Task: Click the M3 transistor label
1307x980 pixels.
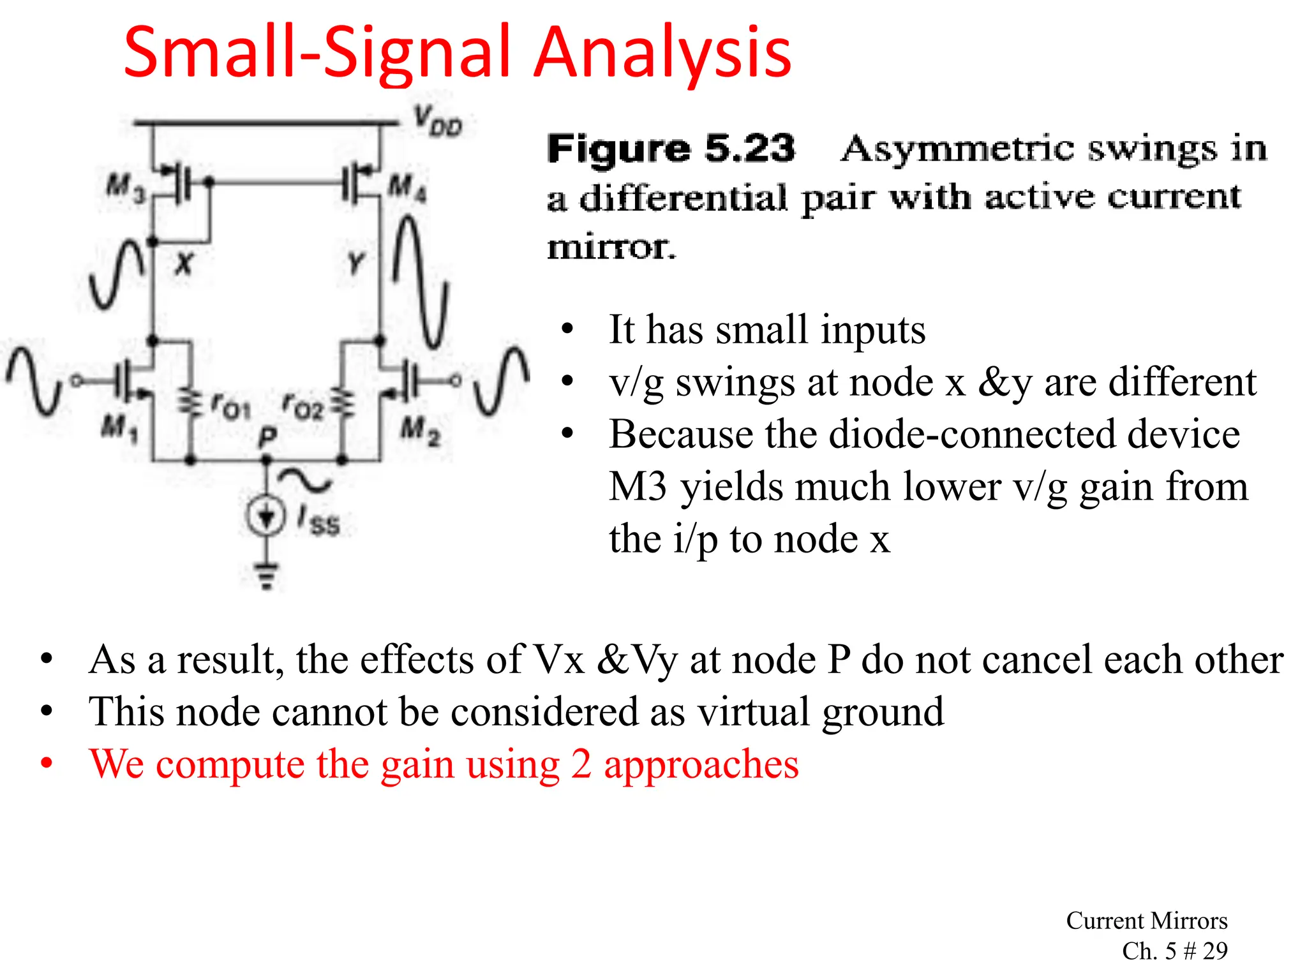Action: click(125, 189)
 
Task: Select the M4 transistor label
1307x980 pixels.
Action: click(408, 189)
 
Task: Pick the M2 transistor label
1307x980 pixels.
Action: click(420, 430)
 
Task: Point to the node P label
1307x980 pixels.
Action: click(267, 438)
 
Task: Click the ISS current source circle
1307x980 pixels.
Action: click(265, 516)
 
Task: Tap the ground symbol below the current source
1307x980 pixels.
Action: click(266, 575)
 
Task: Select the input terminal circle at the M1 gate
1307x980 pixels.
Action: click(76, 382)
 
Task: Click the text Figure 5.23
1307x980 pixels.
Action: click(671, 149)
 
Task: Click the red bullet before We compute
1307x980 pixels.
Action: click(47, 764)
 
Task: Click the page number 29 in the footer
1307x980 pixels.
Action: click(1214, 951)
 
